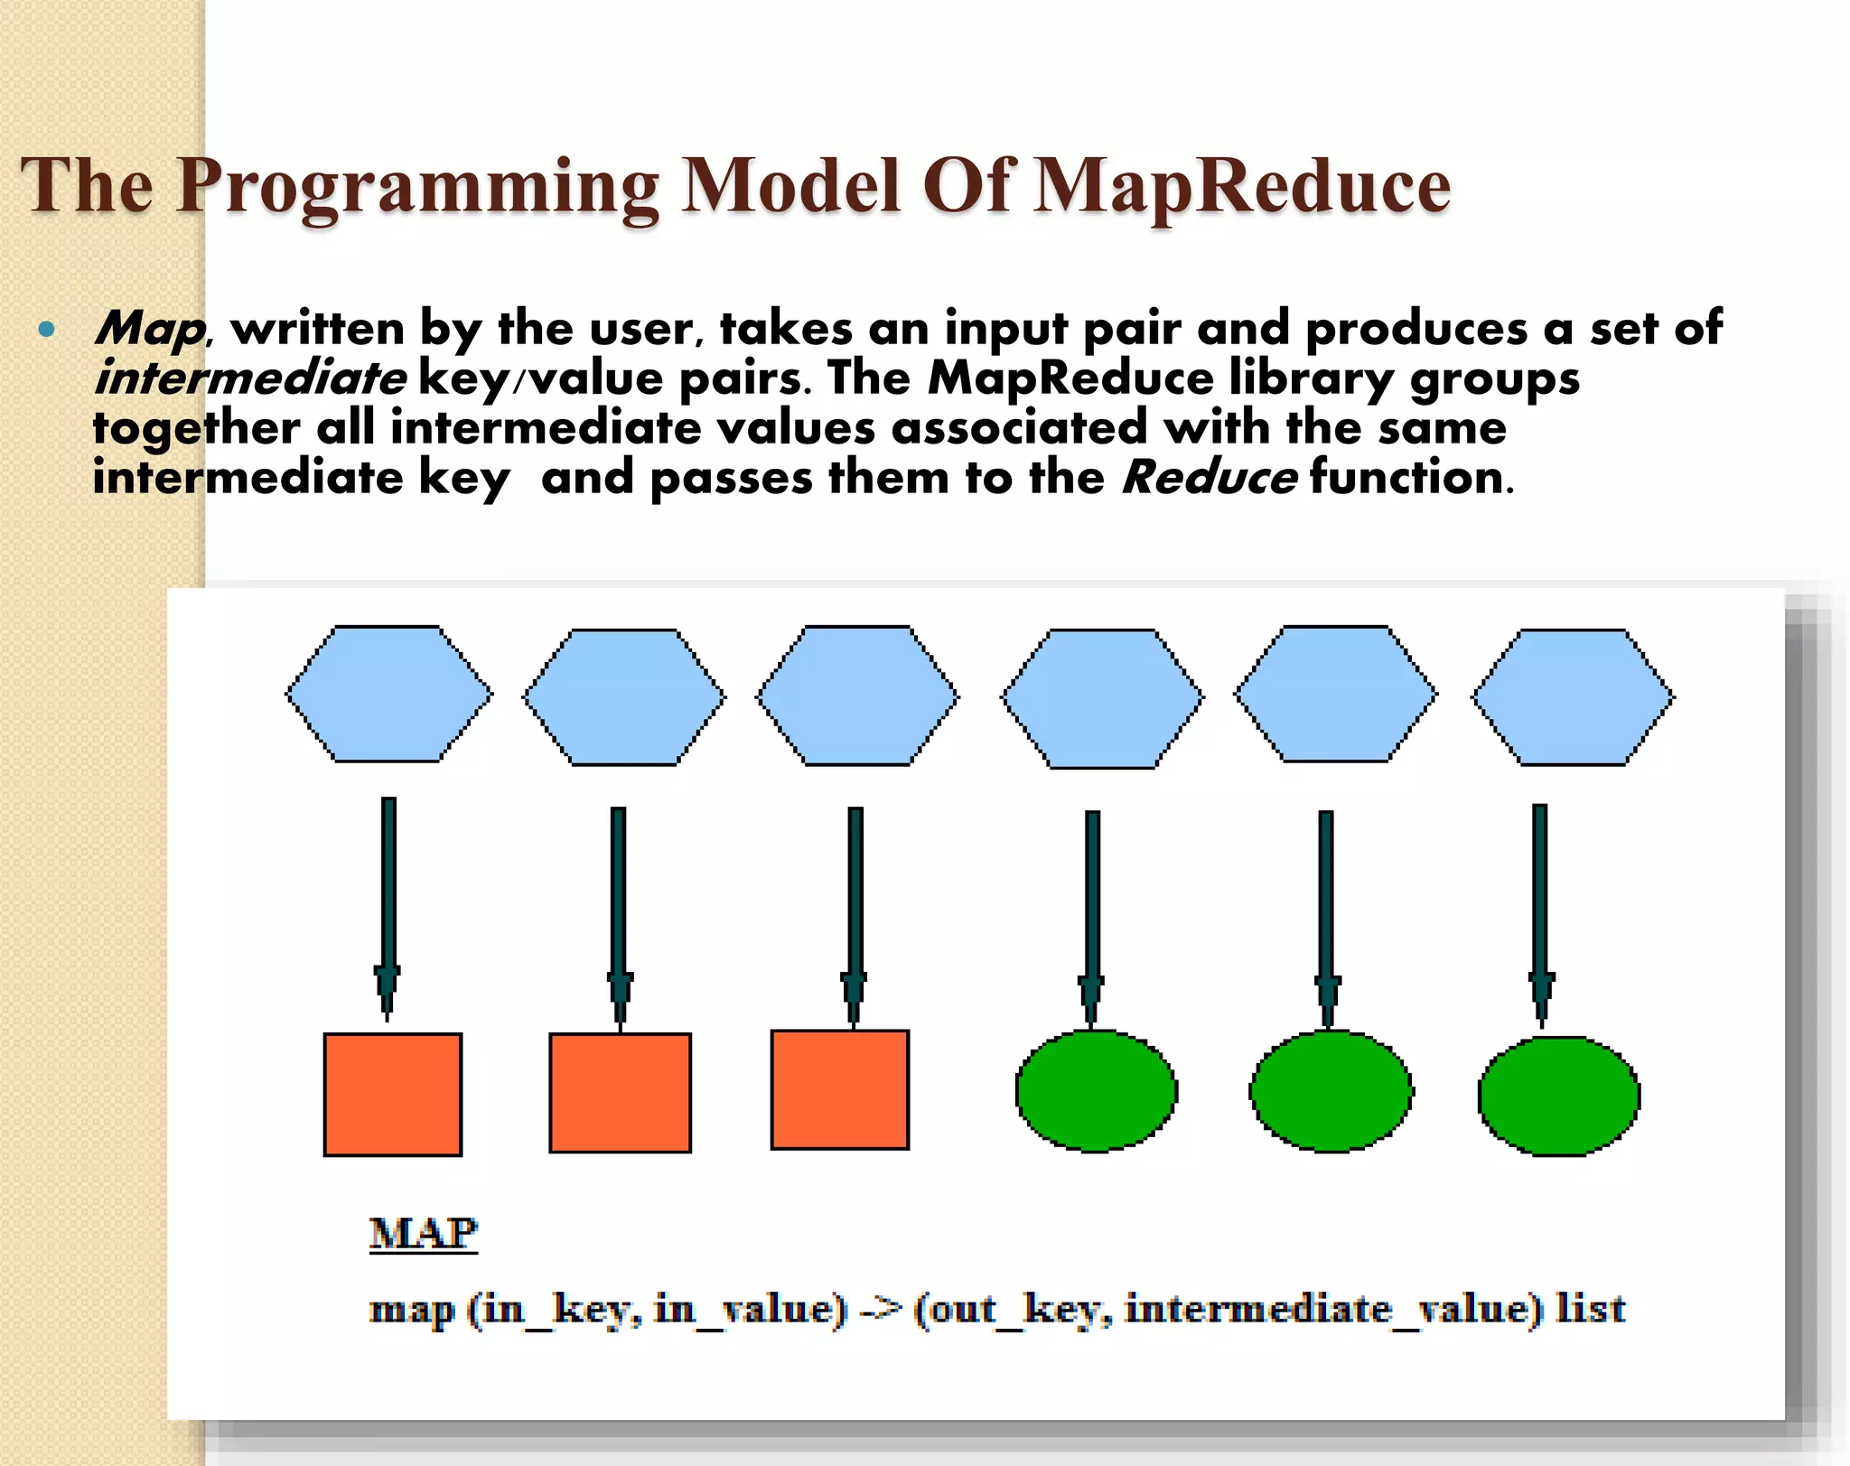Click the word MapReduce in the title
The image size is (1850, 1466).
pos(1241,187)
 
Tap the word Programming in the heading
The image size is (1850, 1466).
pos(417,187)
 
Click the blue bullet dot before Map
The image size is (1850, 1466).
pos(47,330)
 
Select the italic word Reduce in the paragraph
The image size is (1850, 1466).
pos(1209,477)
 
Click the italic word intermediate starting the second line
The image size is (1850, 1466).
pos(250,378)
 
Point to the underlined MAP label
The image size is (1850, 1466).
pos(423,1234)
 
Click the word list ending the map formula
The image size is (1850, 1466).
pos(1590,1309)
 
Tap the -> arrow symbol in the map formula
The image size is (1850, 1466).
pos(880,1309)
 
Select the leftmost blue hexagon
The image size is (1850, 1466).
pos(389,695)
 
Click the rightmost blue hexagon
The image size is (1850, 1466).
pos(1573,697)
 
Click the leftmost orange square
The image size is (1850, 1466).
pos(393,1095)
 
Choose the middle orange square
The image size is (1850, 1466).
pos(620,1093)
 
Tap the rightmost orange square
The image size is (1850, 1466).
pos(839,1090)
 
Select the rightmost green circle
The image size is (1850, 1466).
pos(1558,1097)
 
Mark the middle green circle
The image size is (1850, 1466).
pos(1331,1092)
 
